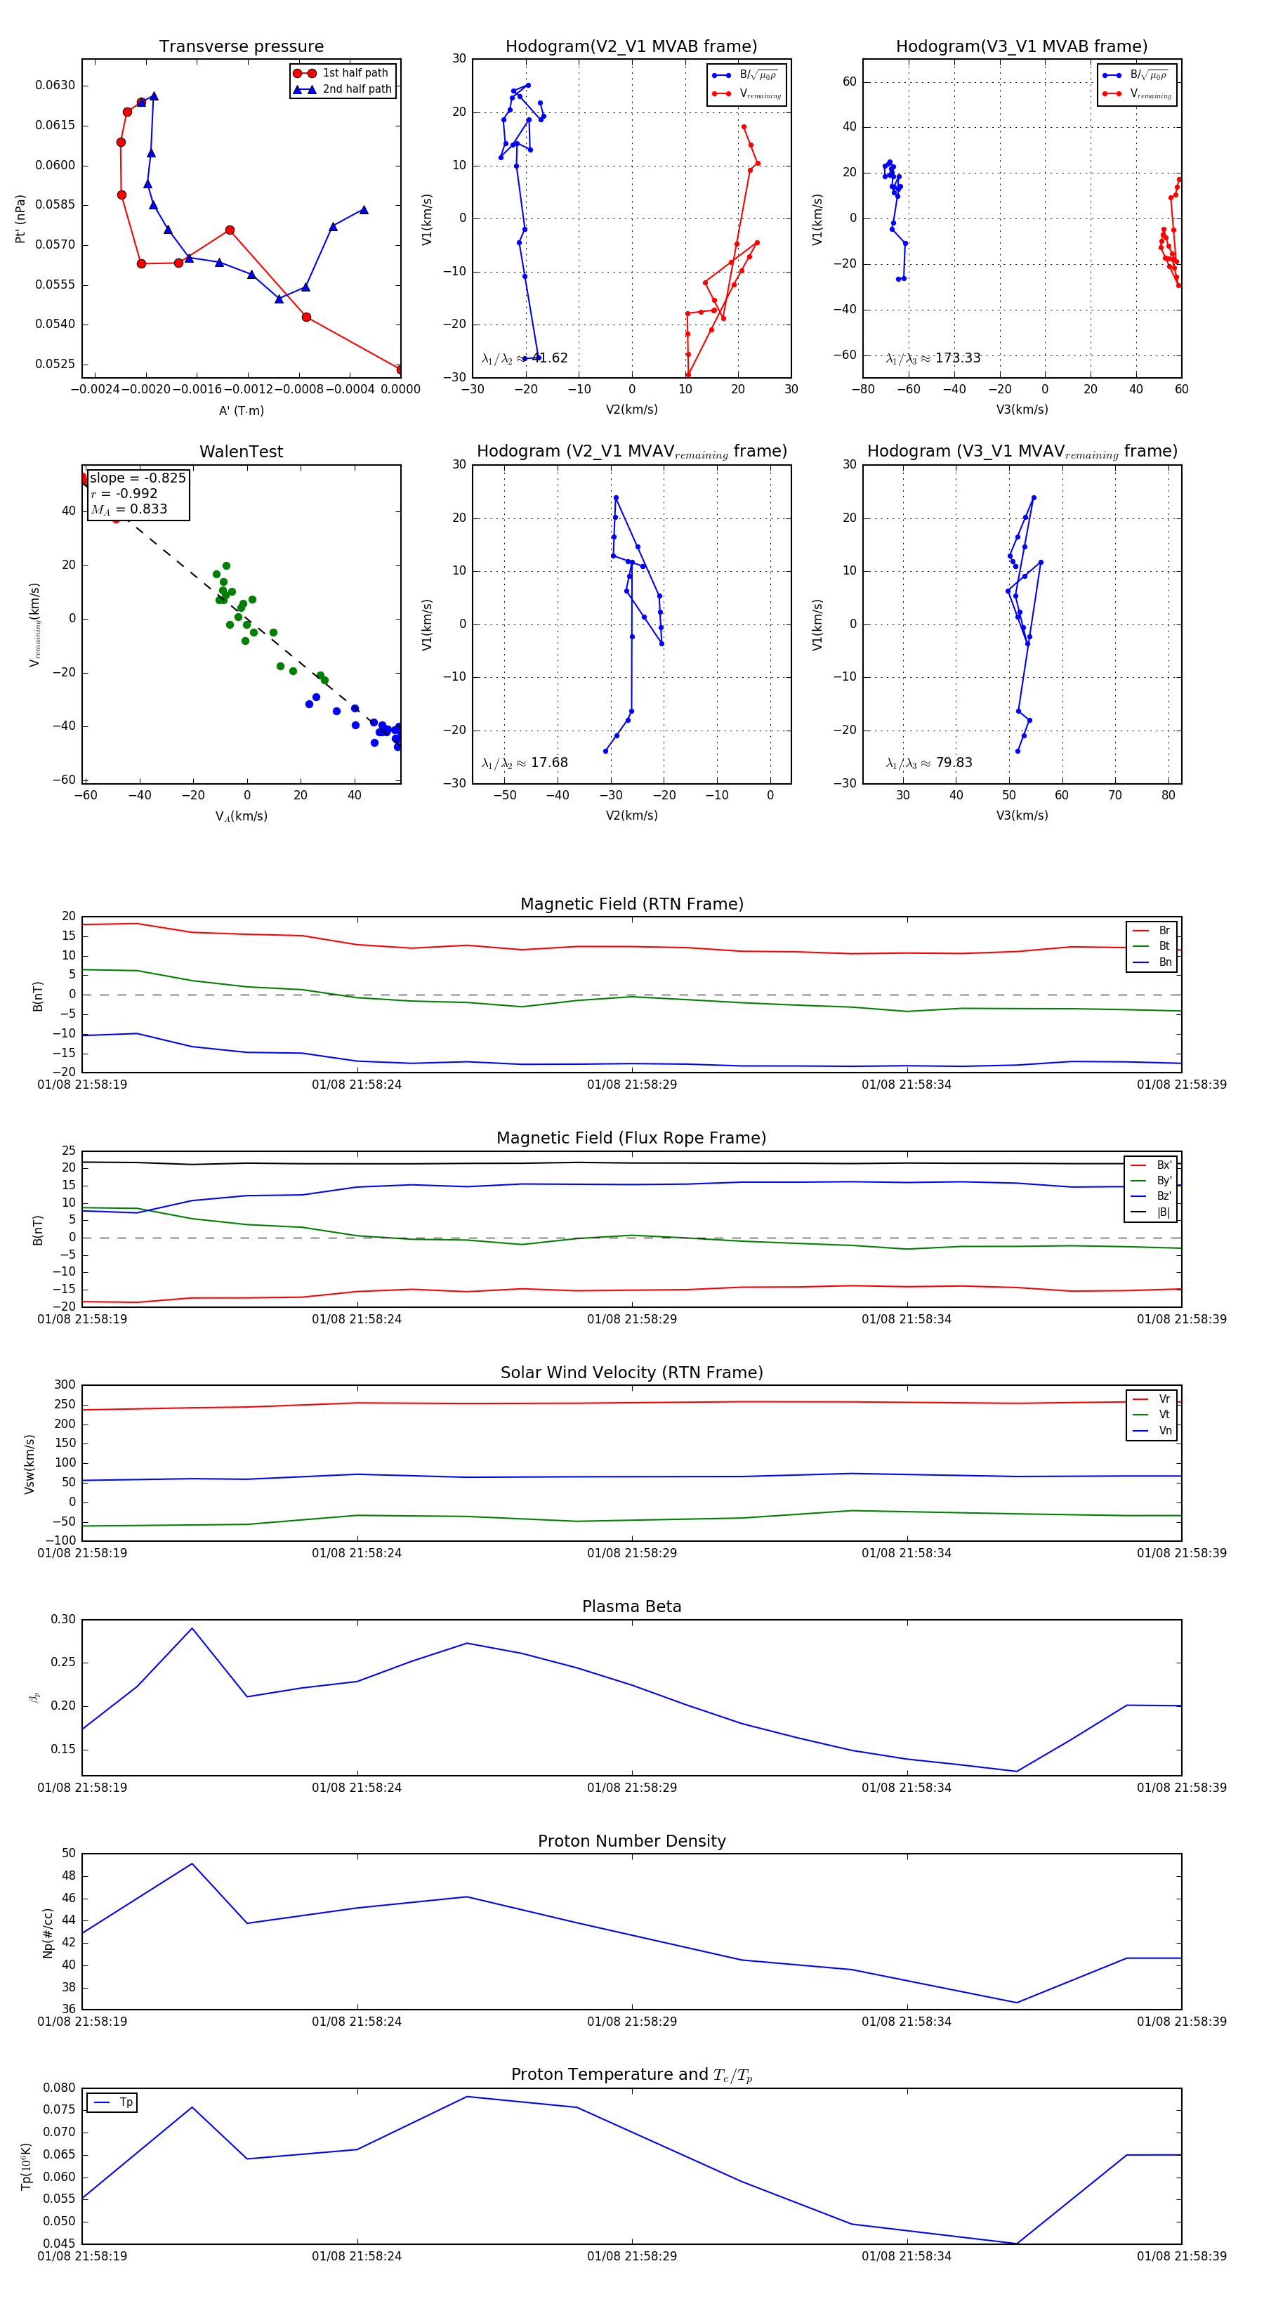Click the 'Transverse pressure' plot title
241,47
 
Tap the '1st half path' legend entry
355,73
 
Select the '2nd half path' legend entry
356,89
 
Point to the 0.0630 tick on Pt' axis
55,86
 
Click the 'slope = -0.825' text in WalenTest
138,478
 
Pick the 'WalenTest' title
241,452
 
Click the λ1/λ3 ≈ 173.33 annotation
933,358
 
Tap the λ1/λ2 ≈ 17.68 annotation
525,763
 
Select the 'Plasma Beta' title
631,1606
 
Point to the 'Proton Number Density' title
631,1841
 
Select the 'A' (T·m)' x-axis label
241,410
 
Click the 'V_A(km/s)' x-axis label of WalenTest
241,816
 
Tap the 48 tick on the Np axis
68,1876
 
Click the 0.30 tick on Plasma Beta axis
63,1620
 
